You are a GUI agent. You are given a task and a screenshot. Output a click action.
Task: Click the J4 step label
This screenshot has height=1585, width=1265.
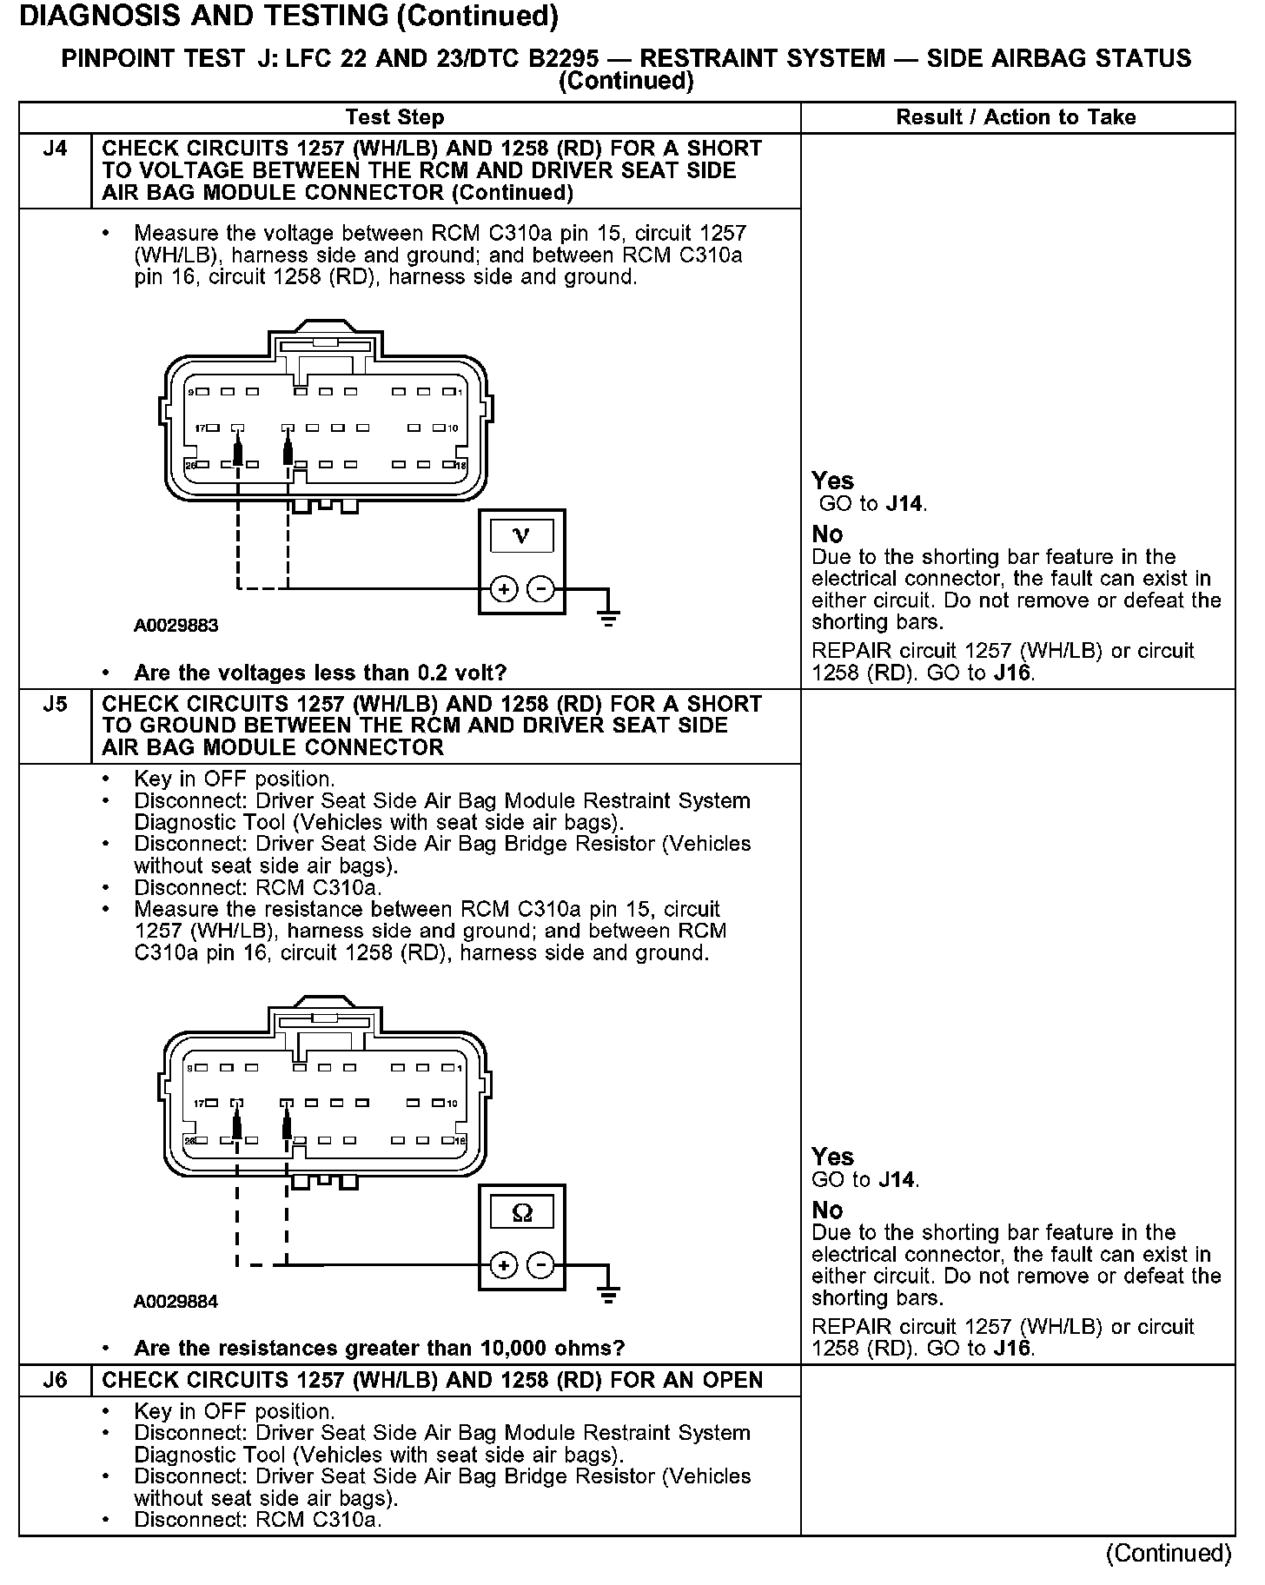[x=54, y=149]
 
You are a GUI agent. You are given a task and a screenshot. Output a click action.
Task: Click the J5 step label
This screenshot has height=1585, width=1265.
[x=54, y=704]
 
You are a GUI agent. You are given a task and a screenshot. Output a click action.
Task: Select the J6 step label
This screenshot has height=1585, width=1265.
[x=54, y=1380]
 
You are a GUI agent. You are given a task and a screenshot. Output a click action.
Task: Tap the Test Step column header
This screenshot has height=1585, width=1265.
[x=394, y=117]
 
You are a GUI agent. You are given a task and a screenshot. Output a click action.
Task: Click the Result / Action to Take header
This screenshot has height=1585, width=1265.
[x=1016, y=117]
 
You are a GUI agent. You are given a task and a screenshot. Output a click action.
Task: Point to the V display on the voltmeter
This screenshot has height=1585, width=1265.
[x=521, y=535]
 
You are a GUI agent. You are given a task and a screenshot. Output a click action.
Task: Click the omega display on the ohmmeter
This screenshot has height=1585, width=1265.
[x=521, y=1211]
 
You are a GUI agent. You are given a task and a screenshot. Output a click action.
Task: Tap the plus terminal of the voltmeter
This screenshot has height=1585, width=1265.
[x=504, y=589]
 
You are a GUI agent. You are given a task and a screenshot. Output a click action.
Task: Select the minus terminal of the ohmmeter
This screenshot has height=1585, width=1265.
[x=540, y=1264]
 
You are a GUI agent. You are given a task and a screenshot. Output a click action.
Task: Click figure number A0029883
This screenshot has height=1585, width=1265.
[x=176, y=626]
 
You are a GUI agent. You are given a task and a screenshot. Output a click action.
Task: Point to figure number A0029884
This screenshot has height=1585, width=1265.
[x=176, y=1302]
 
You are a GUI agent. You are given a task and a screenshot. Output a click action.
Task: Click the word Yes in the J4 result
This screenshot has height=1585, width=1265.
[x=832, y=481]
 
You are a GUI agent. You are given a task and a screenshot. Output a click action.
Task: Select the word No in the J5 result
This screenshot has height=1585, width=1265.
[x=827, y=1210]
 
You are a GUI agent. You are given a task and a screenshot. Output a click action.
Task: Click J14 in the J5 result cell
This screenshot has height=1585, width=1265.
[x=897, y=1179]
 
